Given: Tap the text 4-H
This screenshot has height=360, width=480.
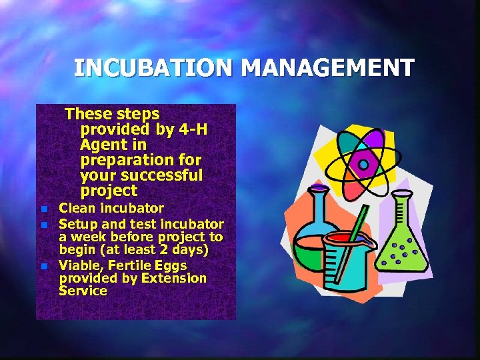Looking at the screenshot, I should (x=193, y=129).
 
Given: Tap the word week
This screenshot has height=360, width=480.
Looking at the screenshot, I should (x=88, y=237).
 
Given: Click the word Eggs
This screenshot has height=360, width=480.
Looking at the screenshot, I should (x=171, y=266).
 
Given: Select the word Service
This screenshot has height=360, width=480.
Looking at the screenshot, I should (x=83, y=291).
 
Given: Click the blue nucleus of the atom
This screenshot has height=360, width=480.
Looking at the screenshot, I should (x=363, y=164).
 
